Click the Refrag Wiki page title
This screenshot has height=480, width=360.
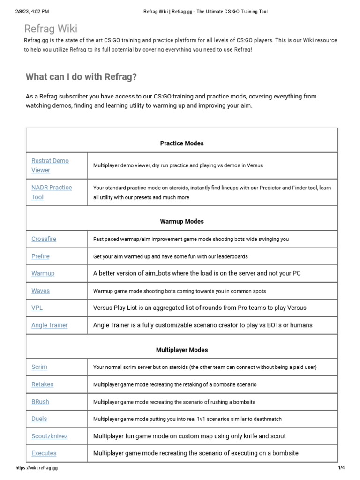[x=51, y=29]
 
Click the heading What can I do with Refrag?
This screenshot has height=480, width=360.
[x=81, y=77]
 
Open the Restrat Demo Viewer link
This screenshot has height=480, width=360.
[x=50, y=165]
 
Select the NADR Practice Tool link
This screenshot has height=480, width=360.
[x=52, y=192]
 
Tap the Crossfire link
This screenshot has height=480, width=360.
[x=44, y=239]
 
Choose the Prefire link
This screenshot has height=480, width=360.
[x=40, y=256]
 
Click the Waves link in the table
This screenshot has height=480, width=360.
[x=40, y=291]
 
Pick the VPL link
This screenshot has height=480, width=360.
[x=37, y=308]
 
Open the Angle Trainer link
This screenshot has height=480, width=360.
[x=49, y=325]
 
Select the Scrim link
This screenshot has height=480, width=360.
[x=39, y=367]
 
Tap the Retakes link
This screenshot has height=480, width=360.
[x=42, y=384]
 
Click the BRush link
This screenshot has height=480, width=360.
[x=40, y=402]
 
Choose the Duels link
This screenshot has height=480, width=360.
[x=39, y=419]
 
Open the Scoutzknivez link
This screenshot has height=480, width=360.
[x=49, y=436]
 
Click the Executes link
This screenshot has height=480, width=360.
[x=44, y=453]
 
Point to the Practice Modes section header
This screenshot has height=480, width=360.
[x=182, y=143]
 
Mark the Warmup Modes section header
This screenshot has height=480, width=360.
[x=182, y=221]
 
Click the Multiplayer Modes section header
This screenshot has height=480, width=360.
[x=182, y=350]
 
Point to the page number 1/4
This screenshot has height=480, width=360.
[x=341, y=468]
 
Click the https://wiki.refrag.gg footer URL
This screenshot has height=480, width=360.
[x=37, y=468]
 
